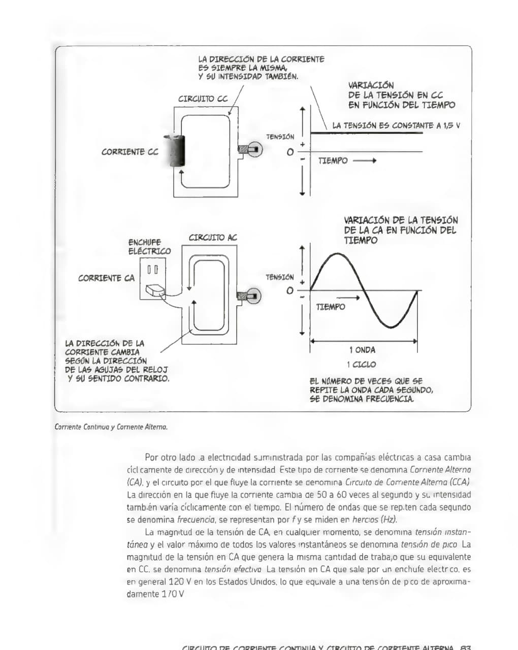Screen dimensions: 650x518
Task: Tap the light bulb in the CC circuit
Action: tap(251, 150)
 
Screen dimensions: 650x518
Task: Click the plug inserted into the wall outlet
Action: tap(154, 290)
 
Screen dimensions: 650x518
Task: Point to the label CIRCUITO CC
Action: tap(203, 99)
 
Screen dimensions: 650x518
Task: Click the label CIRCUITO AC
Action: tap(213, 238)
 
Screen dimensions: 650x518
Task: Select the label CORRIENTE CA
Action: tap(106, 278)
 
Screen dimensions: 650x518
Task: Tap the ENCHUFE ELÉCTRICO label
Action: tap(149, 247)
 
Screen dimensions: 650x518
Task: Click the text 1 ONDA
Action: tap(362, 350)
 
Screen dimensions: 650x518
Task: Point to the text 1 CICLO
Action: tap(362, 365)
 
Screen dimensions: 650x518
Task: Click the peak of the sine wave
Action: tap(336, 253)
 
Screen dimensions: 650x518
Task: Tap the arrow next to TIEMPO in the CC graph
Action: tap(364, 161)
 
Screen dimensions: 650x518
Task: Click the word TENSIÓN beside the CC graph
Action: tap(280, 137)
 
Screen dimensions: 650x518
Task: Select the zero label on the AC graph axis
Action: tap(289, 291)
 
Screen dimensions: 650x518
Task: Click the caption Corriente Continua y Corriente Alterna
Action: tap(111, 427)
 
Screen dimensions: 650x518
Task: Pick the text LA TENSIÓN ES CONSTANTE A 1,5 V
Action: tap(396, 125)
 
